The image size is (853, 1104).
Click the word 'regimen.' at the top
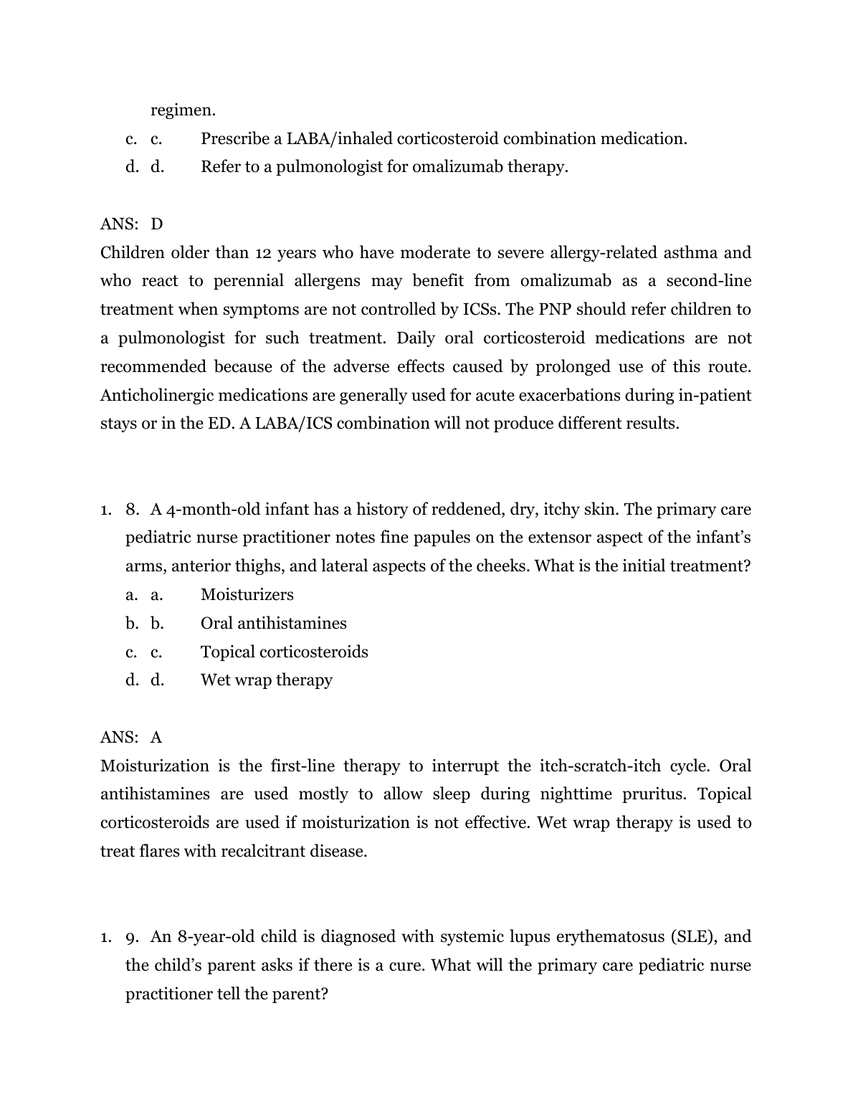183,110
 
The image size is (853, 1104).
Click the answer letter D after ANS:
157,224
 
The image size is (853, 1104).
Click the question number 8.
132,510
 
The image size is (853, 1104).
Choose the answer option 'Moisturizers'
247,595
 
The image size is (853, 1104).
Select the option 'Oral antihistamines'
273,624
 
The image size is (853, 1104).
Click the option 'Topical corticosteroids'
284,652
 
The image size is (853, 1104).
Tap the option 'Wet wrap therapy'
266,680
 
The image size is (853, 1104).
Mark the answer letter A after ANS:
156,738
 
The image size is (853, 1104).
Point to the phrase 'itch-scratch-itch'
604,766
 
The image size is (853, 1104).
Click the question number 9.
132,937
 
